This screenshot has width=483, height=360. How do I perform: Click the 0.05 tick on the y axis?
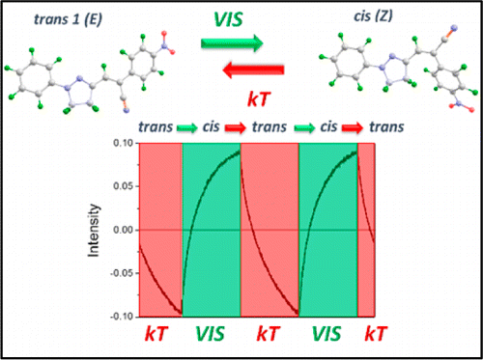(x=125, y=187)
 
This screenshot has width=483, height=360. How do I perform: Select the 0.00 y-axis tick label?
(x=125, y=231)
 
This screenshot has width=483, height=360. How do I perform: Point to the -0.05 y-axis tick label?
(x=123, y=273)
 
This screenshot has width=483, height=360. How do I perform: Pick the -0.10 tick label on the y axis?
(x=123, y=316)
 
